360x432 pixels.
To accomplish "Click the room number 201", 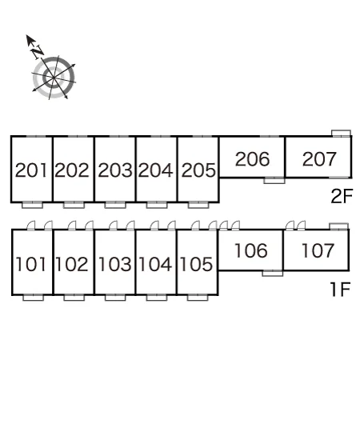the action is (x=31, y=170).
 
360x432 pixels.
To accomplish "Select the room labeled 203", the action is (x=115, y=170).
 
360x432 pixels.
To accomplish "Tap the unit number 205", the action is (x=198, y=170).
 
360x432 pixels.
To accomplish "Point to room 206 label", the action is (x=252, y=159).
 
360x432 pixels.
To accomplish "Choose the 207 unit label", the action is (x=319, y=159).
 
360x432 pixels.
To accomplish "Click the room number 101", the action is (x=31, y=264).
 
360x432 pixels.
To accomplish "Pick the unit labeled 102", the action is (x=72, y=264).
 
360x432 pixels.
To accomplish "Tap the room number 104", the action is (x=156, y=264).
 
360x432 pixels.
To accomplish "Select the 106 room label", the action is (x=251, y=250).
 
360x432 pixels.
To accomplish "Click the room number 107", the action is (x=318, y=250).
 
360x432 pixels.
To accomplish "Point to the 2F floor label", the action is (x=342, y=196).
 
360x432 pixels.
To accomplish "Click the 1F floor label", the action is (x=340, y=290).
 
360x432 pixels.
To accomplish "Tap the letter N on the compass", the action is (x=37, y=51).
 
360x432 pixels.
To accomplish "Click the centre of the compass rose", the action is (x=53, y=78).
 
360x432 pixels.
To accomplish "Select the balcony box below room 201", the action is (x=33, y=205).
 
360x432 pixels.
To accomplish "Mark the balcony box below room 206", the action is (x=274, y=181).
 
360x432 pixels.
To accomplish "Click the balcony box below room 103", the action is (x=115, y=298).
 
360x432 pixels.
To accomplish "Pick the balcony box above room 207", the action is (x=342, y=134).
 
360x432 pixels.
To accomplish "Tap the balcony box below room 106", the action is (x=273, y=273).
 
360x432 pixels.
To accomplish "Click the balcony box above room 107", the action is (x=339, y=226).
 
